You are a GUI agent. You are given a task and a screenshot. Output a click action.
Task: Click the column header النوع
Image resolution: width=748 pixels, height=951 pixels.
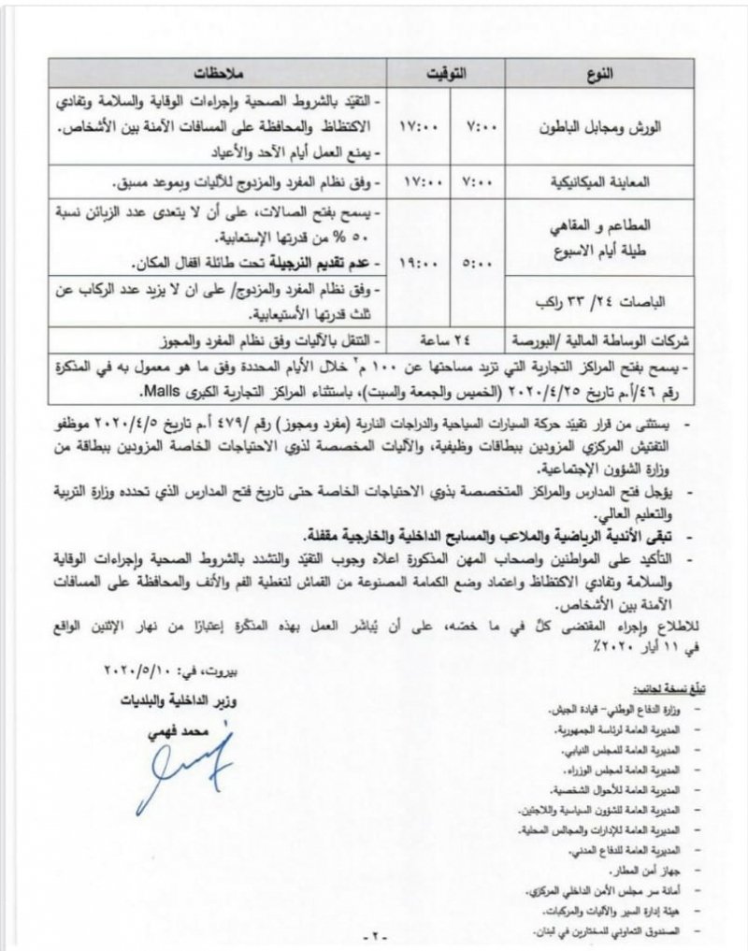619,73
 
